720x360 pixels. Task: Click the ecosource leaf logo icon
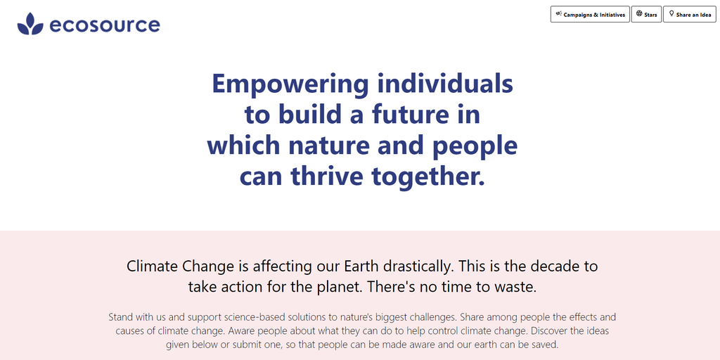pyautogui.click(x=30, y=24)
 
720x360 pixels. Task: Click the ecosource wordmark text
pyautogui.click(x=105, y=25)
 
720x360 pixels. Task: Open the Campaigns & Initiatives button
pyautogui.click(x=590, y=14)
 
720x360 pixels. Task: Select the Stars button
pyautogui.click(x=646, y=14)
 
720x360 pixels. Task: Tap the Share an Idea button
pyautogui.click(x=690, y=14)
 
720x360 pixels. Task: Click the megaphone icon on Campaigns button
pyautogui.click(x=559, y=14)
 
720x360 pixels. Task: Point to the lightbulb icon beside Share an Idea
pyautogui.click(x=671, y=14)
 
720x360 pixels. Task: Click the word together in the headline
pyautogui.click(x=428, y=177)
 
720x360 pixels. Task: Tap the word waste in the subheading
pyautogui.click(x=515, y=288)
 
